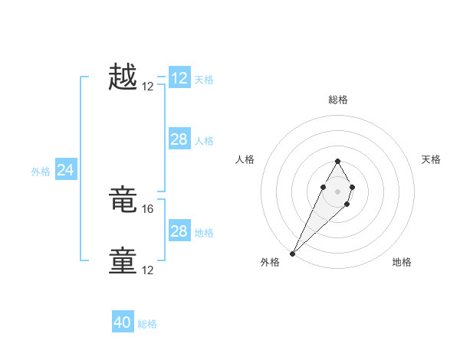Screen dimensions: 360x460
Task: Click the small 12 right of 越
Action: coord(148,87)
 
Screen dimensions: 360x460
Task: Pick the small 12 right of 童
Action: coord(148,270)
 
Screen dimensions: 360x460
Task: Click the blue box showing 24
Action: coord(66,170)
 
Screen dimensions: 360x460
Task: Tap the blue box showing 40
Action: coord(123,322)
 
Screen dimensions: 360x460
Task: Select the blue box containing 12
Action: coord(179,78)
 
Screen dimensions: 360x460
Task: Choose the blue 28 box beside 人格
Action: coord(179,139)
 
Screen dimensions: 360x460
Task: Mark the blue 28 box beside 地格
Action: coord(179,231)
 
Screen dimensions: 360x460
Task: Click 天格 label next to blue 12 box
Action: coord(204,79)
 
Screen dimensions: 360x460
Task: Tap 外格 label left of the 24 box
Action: coord(41,172)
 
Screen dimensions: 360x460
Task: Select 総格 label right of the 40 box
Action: coord(147,324)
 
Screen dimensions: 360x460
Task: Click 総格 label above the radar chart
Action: coord(337,100)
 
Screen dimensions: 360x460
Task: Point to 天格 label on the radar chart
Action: coord(431,159)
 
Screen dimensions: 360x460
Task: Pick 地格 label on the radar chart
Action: coord(402,262)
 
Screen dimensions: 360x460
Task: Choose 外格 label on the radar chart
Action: coord(270,262)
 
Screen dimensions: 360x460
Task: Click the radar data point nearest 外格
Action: coord(293,253)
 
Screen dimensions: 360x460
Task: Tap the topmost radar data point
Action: coord(337,161)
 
